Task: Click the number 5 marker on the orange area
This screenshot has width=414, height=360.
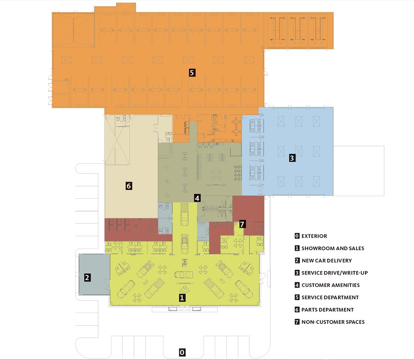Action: [192, 72]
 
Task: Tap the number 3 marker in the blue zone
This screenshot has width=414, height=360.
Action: [292, 158]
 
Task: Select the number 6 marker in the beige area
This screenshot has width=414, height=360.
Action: [128, 186]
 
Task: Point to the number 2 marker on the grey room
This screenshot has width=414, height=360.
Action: [87, 278]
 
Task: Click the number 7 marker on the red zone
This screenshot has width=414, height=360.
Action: [242, 224]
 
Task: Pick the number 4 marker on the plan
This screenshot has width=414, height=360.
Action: [197, 198]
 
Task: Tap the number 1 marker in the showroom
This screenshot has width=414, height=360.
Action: [182, 298]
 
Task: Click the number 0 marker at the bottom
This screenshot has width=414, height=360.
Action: [182, 352]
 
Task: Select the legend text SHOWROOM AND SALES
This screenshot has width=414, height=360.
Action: [332, 248]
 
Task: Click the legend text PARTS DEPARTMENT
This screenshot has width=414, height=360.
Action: [327, 310]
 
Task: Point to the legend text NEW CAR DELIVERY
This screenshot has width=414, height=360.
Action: [327, 260]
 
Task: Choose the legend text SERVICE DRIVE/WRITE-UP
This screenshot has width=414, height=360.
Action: [335, 273]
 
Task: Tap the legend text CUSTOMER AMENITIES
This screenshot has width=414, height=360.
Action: [331, 285]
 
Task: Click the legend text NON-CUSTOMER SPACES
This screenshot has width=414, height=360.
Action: [333, 322]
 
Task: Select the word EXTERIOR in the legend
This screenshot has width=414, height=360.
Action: [314, 236]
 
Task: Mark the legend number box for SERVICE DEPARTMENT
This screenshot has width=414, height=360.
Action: [297, 297]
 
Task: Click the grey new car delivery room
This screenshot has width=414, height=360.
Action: [94, 275]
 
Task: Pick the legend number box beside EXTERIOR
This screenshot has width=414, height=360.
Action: [297, 236]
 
